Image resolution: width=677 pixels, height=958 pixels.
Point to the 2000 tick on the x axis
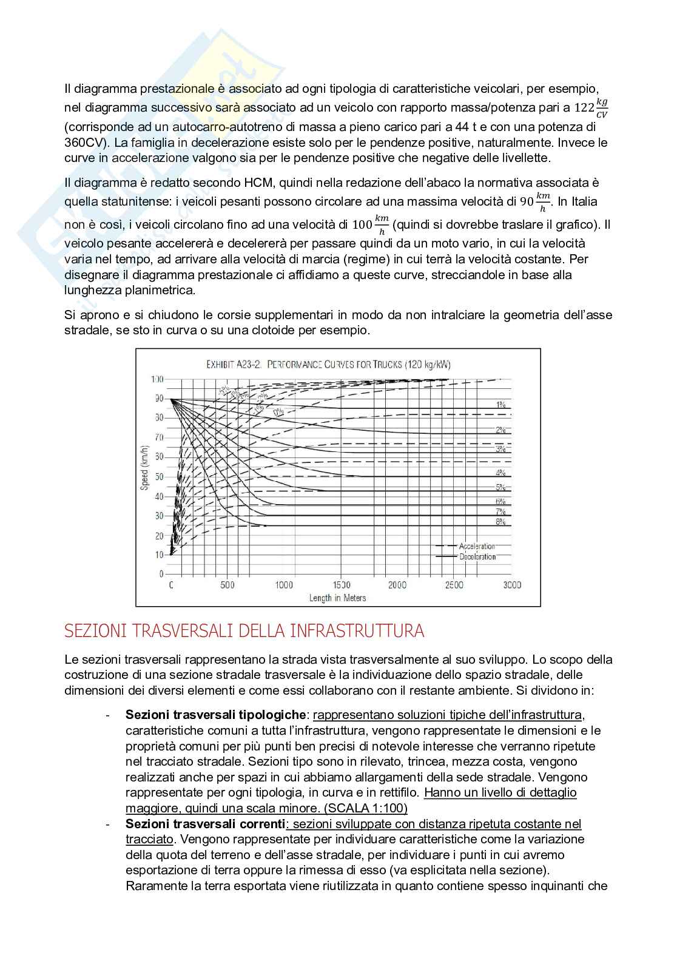point(397,585)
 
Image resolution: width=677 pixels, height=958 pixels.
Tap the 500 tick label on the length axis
point(227,585)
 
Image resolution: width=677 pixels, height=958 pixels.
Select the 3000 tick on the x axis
point(511,585)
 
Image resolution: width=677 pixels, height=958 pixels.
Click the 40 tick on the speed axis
point(159,496)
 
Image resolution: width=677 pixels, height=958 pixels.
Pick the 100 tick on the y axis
point(157,379)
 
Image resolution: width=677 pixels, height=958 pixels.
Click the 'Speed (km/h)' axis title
point(144,468)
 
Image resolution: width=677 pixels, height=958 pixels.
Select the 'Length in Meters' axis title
point(337,598)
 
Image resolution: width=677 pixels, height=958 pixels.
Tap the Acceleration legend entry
point(477,546)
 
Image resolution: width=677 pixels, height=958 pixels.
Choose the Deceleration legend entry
point(477,556)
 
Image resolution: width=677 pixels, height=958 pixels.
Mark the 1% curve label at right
point(500,404)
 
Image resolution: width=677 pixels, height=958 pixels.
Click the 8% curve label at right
point(500,521)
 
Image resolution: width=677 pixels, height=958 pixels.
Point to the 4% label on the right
point(500,473)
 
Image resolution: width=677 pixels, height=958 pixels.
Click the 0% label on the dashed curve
point(278,413)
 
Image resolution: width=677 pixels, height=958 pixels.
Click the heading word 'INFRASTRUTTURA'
point(357,631)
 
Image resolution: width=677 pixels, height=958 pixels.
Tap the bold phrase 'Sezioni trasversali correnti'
point(205,823)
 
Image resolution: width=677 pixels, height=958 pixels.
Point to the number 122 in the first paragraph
point(584,108)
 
